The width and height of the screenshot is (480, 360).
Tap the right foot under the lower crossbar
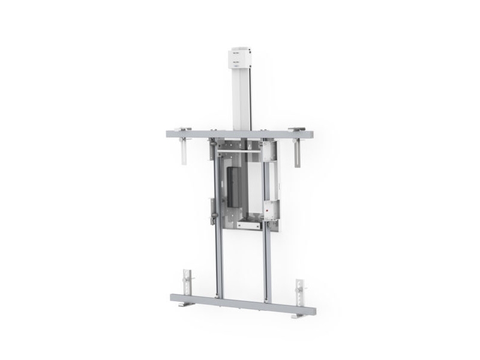(x=299, y=316)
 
